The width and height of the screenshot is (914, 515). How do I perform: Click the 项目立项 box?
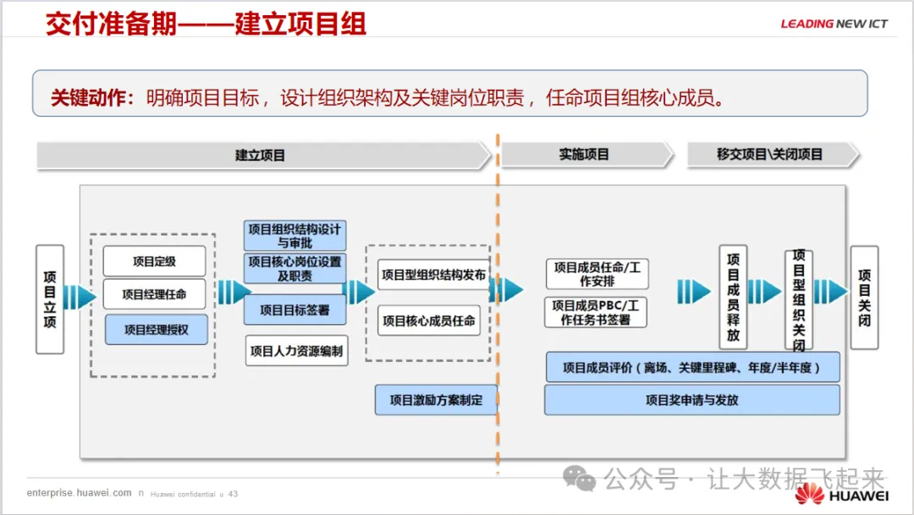tap(50, 299)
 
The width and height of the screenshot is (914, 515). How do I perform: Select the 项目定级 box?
tap(154, 261)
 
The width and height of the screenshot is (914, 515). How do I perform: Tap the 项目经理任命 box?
tap(154, 294)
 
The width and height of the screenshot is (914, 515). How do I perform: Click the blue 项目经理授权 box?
tap(156, 330)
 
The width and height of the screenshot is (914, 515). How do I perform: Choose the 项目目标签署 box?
tap(295, 310)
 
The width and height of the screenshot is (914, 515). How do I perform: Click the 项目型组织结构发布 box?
tap(433, 275)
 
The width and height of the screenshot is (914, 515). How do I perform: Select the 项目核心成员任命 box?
tap(429, 321)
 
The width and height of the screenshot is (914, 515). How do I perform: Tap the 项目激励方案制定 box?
tap(436, 400)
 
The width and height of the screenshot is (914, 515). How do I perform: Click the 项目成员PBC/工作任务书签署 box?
tap(596, 312)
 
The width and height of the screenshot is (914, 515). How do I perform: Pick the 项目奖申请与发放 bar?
tap(691, 400)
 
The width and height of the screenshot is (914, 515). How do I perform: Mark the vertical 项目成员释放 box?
tap(733, 296)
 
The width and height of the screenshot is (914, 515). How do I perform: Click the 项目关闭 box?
tap(864, 298)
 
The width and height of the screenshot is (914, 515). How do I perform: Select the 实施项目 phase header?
tap(584, 155)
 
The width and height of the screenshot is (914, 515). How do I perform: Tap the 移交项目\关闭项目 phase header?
tap(769, 155)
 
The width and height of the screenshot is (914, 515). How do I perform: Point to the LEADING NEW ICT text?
tap(834, 24)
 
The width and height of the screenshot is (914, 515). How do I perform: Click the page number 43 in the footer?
tap(233, 494)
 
